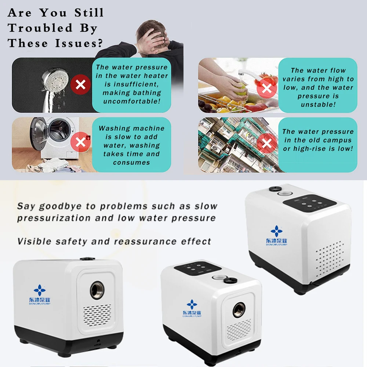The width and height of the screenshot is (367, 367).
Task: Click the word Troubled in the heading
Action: (40, 28)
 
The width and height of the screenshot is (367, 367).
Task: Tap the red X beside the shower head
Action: (80, 84)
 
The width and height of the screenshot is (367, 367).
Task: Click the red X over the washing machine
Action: (80, 142)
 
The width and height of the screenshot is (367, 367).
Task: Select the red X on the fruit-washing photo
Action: (266, 88)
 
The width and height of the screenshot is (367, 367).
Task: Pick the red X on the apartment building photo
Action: (266, 143)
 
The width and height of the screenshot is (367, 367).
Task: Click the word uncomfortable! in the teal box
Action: (132, 101)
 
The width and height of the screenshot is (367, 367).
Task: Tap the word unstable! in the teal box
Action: (318, 104)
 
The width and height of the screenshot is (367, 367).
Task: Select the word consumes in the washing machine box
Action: (131, 163)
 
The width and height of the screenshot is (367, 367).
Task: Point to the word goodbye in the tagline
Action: (60, 206)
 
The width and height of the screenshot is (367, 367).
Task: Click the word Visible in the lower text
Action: (34, 241)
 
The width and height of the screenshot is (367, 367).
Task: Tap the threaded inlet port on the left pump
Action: (97, 290)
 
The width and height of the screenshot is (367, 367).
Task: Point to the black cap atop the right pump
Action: (275, 188)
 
